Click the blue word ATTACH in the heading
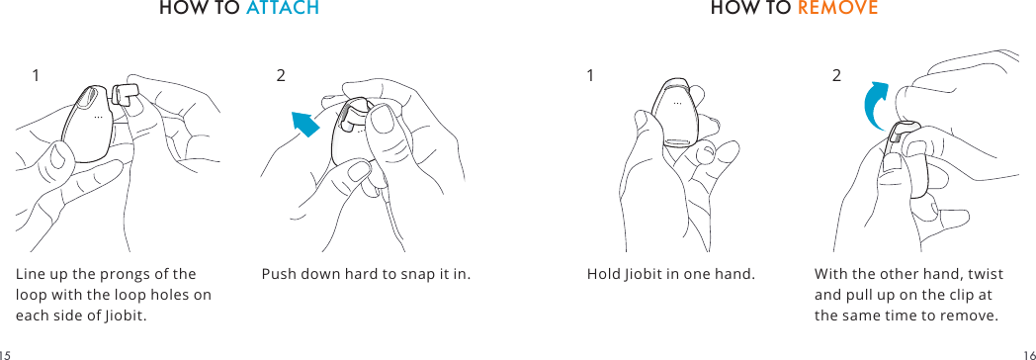[x=282, y=9]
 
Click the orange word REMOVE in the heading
[x=837, y=9]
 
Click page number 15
[x=5, y=352]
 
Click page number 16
[x=1029, y=352]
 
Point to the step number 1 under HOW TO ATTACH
[x=36, y=75]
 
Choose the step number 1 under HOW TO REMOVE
[x=590, y=75]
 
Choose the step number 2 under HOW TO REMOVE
[x=836, y=75]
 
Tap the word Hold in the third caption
[x=604, y=274]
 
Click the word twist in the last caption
[x=985, y=274]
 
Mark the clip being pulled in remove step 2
[x=901, y=137]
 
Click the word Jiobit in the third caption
[x=647, y=274]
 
